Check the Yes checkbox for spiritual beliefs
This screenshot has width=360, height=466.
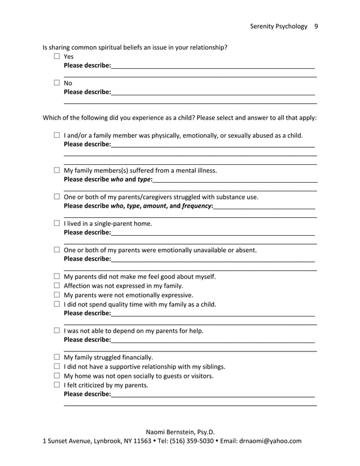57,56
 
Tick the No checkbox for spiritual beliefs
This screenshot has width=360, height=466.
57,83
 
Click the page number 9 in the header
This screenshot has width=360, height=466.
316,26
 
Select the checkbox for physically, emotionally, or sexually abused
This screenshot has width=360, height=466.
57,135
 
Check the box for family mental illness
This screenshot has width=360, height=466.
57,170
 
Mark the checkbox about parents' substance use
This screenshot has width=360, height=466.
57,197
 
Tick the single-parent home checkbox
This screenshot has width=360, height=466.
57,223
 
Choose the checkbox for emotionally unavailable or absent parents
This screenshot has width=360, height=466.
57,250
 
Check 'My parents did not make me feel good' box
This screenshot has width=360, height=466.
57,276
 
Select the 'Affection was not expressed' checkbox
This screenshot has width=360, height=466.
57,285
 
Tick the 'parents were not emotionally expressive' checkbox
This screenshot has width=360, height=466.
57,295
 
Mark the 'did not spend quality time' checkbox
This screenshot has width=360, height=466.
57,304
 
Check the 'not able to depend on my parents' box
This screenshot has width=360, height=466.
57,331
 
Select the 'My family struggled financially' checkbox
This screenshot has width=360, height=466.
57,357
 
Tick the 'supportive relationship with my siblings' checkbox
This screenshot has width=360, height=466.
57,367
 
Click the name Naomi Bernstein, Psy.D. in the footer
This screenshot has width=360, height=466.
181,432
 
